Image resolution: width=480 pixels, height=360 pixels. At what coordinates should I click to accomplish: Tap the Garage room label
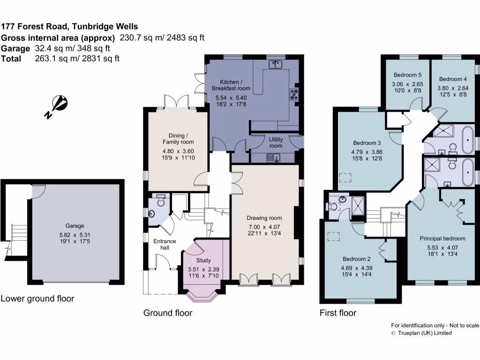(75, 225)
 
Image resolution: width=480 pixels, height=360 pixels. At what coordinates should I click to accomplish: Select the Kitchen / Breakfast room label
(231, 85)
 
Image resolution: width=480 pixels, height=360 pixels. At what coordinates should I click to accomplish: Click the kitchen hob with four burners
(294, 94)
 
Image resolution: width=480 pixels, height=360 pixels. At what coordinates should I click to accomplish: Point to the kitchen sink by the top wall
(275, 64)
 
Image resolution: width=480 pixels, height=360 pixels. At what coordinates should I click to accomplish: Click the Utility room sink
(273, 158)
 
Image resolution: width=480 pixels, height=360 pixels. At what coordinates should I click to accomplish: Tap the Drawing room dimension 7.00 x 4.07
(264, 227)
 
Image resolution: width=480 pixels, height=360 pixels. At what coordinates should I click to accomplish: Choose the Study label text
(203, 260)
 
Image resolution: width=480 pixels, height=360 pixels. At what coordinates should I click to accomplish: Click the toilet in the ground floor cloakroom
(160, 200)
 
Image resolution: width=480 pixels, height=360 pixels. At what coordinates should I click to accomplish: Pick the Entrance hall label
(165, 244)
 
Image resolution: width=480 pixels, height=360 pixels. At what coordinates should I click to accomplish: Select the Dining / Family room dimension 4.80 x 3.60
(178, 151)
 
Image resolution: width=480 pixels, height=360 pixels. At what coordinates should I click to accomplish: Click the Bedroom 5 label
(407, 75)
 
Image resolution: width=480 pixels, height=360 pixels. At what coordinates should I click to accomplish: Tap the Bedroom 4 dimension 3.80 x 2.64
(453, 88)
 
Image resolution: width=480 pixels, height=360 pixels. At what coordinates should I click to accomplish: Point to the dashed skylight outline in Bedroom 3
(345, 178)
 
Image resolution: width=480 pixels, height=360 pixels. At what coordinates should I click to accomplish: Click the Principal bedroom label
(442, 239)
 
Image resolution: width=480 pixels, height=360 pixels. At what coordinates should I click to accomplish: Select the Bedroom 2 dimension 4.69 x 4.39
(357, 268)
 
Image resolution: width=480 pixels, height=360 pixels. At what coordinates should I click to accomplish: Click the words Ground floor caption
(168, 313)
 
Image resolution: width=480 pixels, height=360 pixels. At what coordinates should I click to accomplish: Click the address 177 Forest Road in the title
(34, 26)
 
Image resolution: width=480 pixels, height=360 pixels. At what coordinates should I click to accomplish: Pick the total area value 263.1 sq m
(57, 59)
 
